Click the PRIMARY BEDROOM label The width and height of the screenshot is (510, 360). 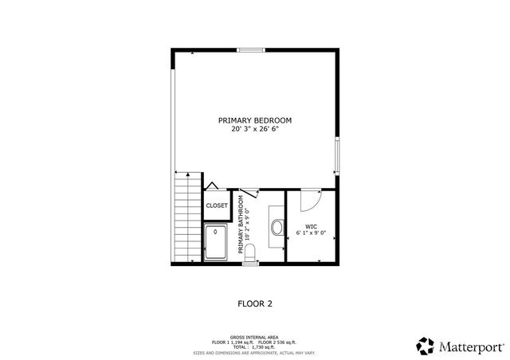point(255,120)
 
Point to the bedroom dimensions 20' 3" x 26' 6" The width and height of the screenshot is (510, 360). point(255,129)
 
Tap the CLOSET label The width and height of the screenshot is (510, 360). point(217,205)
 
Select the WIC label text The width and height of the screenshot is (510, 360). point(311,226)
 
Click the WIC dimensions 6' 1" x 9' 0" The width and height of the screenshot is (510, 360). point(311,233)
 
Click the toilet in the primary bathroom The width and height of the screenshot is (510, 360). point(249,254)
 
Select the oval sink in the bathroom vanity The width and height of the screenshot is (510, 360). point(276,227)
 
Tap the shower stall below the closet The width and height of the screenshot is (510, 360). point(216,243)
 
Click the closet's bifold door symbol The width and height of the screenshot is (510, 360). point(213,187)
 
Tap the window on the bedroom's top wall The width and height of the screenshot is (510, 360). point(252,51)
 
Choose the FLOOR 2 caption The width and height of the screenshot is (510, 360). point(255,303)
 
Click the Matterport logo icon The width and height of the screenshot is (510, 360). point(426,346)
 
